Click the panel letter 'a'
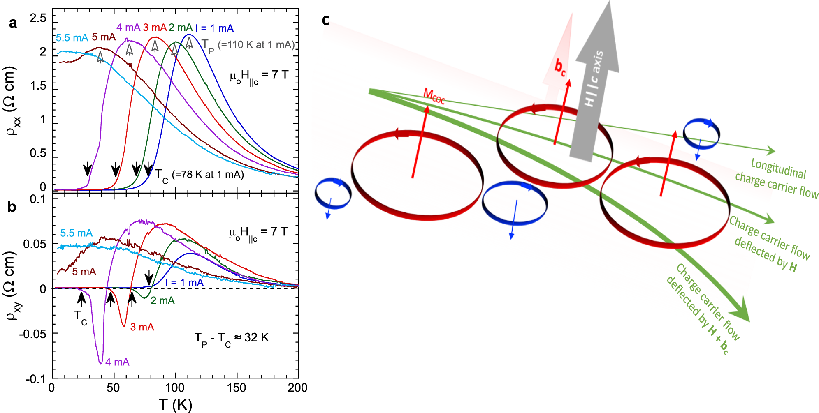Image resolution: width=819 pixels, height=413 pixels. pyautogui.click(x=13, y=23)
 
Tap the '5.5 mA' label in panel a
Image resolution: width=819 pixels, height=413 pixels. pyautogui.click(x=72, y=38)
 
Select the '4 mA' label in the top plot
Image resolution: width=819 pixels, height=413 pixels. pyautogui.click(x=128, y=28)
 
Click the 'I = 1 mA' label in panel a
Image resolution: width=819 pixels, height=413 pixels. pyautogui.click(x=214, y=28)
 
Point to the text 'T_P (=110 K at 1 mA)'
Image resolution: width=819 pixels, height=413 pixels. pyautogui.click(x=248, y=46)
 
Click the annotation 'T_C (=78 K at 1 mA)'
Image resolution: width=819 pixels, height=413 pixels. pyautogui.click(x=200, y=175)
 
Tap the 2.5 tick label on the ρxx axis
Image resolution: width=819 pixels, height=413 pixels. pyautogui.click(x=38, y=18)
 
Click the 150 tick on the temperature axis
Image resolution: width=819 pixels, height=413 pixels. pyautogui.click(x=236, y=388)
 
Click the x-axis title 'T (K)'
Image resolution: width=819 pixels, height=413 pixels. pyautogui.click(x=175, y=405)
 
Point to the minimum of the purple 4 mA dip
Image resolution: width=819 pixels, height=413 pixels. pyautogui.click(x=101, y=363)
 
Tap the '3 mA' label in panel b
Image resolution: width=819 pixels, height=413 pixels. pyautogui.click(x=142, y=327)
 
